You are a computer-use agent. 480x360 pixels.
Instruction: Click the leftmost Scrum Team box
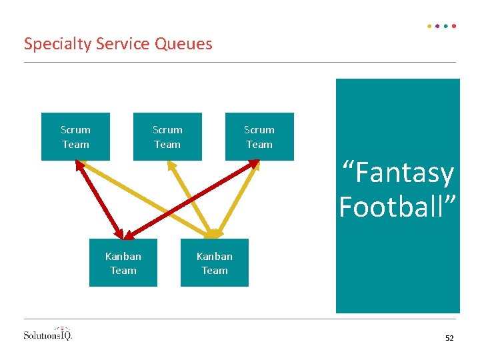75,137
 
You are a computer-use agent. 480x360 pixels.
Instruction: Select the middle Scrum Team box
167,137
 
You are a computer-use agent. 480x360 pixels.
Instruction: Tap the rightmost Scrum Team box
259,137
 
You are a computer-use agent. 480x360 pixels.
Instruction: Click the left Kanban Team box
123,263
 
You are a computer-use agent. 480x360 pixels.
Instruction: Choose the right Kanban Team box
215,263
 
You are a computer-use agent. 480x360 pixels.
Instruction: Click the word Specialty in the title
58,45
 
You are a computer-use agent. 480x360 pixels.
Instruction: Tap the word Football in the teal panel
398,207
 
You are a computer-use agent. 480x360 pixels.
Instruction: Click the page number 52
449,339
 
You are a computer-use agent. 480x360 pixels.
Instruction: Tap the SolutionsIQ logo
47,333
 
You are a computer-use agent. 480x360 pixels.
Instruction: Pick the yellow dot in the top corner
429,26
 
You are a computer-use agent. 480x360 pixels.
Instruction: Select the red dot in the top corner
454,26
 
